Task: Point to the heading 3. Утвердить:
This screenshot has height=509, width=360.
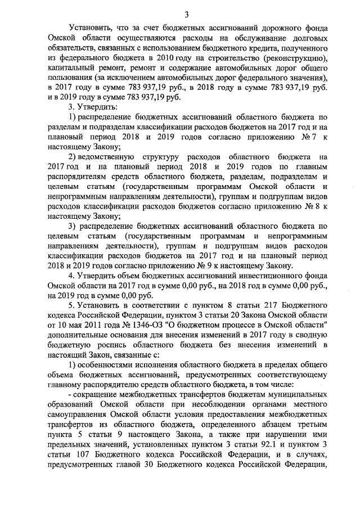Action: (85, 107)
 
